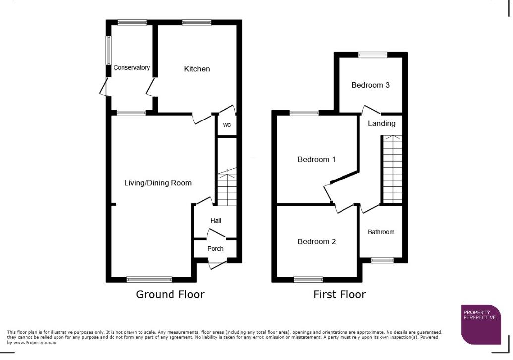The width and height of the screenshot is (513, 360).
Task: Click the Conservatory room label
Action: pyautogui.click(x=131, y=68)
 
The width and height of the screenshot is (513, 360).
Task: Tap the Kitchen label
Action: pyautogui.click(x=197, y=69)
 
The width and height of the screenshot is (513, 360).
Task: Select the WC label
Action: pyautogui.click(x=227, y=125)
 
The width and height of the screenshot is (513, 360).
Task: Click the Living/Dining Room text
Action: pyautogui.click(x=158, y=183)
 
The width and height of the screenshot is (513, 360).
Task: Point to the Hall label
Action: pyautogui.click(x=216, y=221)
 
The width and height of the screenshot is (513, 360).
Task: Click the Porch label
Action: pyautogui.click(x=215, y=248)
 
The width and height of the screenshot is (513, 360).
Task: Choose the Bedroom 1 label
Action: pyautogui.click(x=316, y=160)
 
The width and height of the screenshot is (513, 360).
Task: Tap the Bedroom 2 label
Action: pyautogui.click(x=316, y=241)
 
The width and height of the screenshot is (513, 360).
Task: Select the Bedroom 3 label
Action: pyautogui.click(x=370, y=85)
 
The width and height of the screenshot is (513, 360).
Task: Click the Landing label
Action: pyautogui.click(x=381, y=123)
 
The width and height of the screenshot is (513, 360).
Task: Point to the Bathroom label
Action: pyautogui.click(x=381, y=232)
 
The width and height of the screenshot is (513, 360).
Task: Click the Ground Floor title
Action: pyautogui.click(x=170, y=294)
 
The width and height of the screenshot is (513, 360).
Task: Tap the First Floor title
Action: pyautogui.click(x=339, y=294)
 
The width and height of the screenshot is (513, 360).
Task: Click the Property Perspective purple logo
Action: pyautogui.click(x=481, y=324)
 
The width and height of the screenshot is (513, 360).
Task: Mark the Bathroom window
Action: pyautogui.click(x=382, y=260)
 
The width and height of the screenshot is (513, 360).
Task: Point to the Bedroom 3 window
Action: pyautogui.click(x=373, y=55)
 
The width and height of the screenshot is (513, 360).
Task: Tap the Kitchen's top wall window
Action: pyautogui.click(x=196, y=22)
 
